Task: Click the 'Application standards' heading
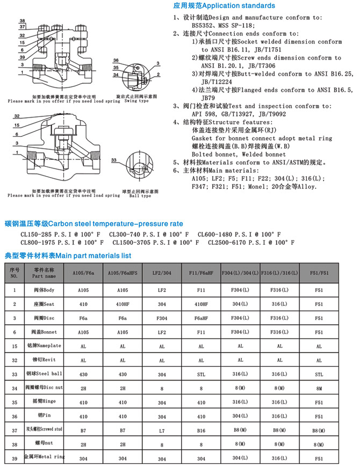(224, 6)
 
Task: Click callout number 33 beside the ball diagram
(113, 160)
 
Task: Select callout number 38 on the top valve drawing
(21, 21)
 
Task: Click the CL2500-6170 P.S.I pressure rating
(251, 243)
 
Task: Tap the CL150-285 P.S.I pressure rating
(59, 234)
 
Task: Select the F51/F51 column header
(319, 273)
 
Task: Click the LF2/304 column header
(162, 273)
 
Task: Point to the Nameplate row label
(45, 347)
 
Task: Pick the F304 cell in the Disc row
(162, 318)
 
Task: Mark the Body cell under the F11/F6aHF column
(201, 290)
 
